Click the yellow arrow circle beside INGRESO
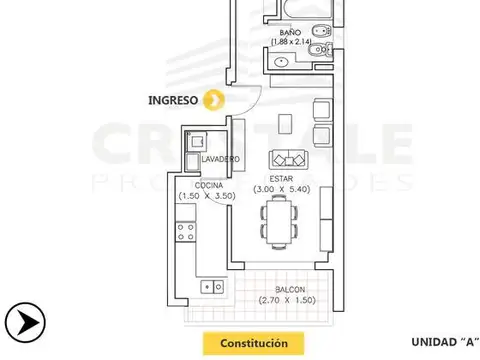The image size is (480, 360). pos(213,99)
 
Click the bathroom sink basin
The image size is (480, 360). pos(281,62)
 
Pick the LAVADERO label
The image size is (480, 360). pos(218,159)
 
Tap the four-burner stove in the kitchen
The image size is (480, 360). pos(186,233)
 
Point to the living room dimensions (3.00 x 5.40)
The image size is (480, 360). pos(292,188)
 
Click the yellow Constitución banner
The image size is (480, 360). pos(248,342)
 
